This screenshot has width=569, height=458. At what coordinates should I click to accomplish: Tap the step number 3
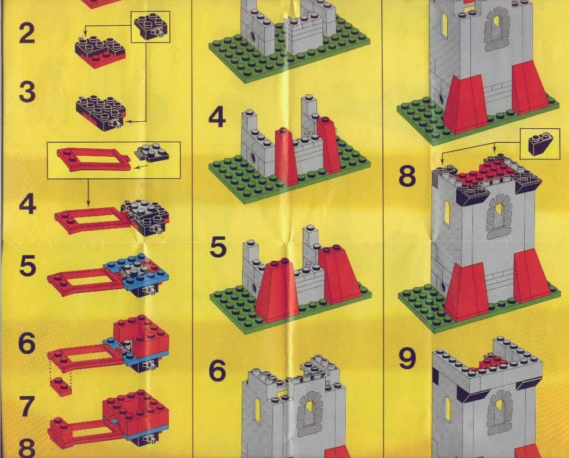tap(27, 92)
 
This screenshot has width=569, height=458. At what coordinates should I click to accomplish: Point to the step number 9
tap(407, 359)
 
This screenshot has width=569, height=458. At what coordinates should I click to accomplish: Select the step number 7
tap(26, 406)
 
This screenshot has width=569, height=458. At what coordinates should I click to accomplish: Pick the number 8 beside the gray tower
tap(407, 177)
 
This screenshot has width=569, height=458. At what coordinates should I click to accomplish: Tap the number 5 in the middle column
tap(218, 247)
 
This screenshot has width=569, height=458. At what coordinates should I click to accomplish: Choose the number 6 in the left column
tap(27, 343)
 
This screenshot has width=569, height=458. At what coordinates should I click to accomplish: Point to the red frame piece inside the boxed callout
tap(94, 158)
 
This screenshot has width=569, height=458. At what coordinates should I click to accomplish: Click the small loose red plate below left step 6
tap(60, 386)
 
